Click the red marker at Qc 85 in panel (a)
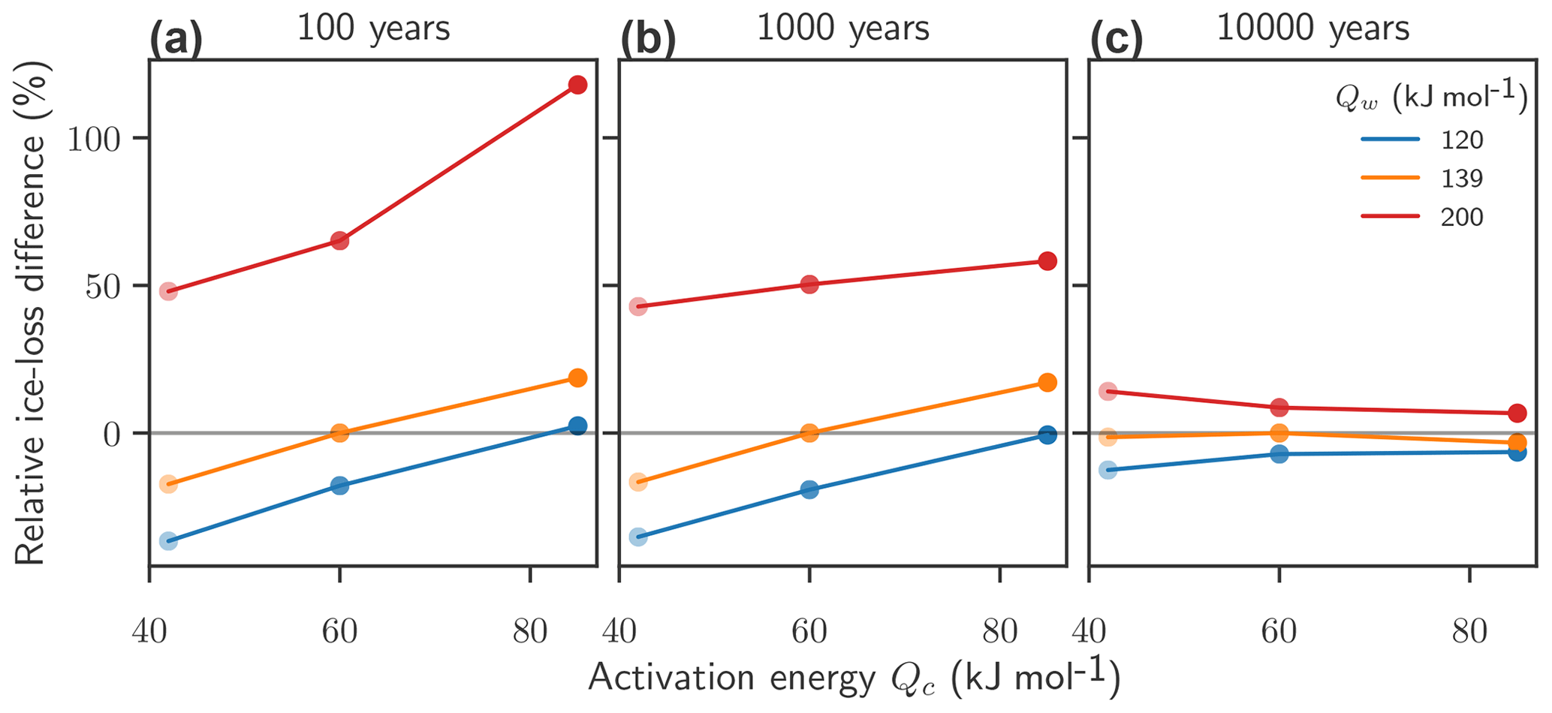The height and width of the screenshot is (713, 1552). pos(577,85)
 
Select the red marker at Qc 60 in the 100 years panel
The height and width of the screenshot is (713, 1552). pos(339,241)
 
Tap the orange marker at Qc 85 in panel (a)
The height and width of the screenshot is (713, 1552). pos(577,378)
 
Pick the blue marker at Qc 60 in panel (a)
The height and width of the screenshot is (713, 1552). pos(339,486)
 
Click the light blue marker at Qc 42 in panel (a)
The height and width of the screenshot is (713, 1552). pos(168,541)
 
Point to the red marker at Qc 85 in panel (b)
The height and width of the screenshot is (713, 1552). pos(1047,261)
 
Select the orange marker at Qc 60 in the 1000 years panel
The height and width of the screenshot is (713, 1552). pos(809,433)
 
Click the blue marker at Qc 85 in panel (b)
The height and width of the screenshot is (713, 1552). pos(1047,435)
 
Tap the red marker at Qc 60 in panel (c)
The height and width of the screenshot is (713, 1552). pos(1279,408)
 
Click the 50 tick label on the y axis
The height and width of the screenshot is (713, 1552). pos(104,287)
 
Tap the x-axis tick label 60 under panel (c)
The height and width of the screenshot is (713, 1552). pos(1279,633)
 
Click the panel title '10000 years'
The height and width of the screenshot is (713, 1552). pos(1312,29)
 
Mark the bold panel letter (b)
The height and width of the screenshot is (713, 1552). pos(647,41)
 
